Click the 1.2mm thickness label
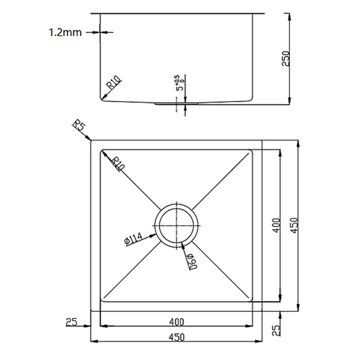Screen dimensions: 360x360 click(x=65, y=32)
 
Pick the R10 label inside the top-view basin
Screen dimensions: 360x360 click(x=117, y=164)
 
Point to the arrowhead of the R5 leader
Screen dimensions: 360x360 click(x=90, y=139)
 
